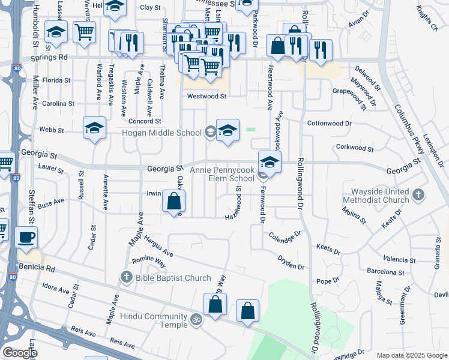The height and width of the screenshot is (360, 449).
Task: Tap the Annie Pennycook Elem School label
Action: pos(222,174)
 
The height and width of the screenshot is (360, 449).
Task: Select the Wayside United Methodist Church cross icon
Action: pos(419,195)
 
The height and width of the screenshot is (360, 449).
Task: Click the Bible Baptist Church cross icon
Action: pos(126,277)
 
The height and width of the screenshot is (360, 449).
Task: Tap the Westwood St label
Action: pos(206,96)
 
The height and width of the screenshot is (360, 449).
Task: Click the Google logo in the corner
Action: pos(20,353)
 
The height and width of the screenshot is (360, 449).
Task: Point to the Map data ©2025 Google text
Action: pos(411,355)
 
